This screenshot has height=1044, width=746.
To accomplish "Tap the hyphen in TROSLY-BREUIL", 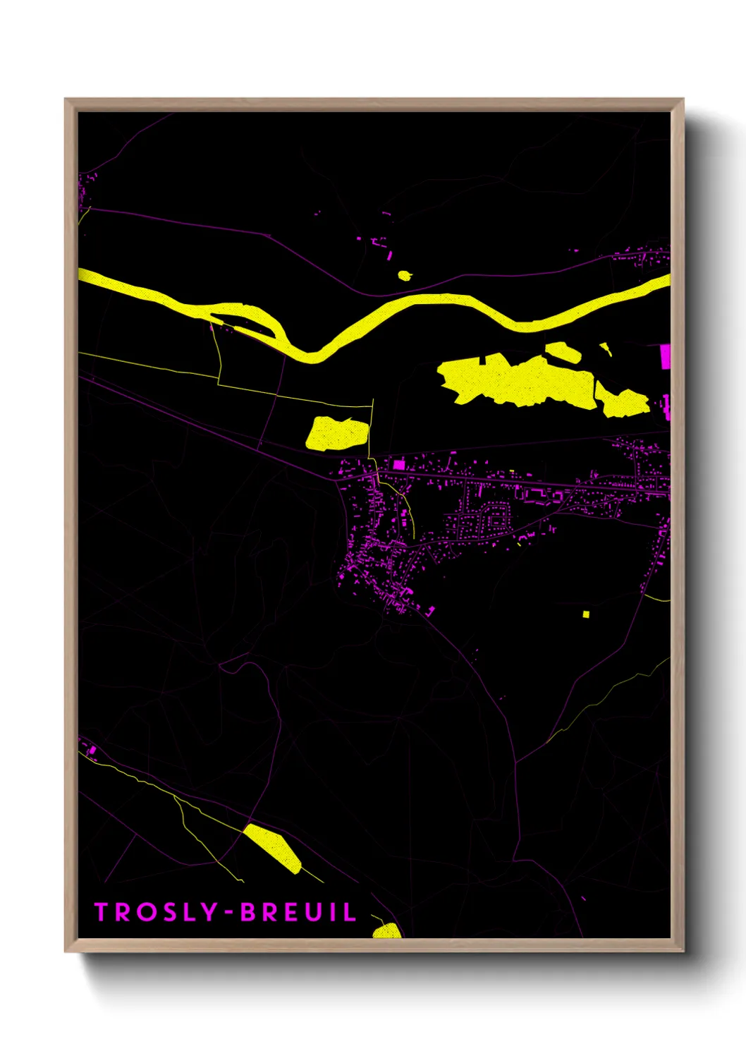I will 228,913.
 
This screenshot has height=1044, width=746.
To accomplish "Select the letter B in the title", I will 249,912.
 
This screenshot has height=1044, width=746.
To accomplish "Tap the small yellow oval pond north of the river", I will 405,275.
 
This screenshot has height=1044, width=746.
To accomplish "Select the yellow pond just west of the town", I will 337,433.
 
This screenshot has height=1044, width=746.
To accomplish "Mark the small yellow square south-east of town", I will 585,614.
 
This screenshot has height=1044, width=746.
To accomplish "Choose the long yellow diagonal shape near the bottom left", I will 272,848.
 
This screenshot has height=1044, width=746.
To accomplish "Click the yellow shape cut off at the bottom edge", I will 386,931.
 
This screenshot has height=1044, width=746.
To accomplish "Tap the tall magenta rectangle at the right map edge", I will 665,357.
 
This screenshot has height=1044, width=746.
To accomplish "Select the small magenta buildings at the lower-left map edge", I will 90,749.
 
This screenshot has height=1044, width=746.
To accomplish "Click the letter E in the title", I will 291,912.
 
